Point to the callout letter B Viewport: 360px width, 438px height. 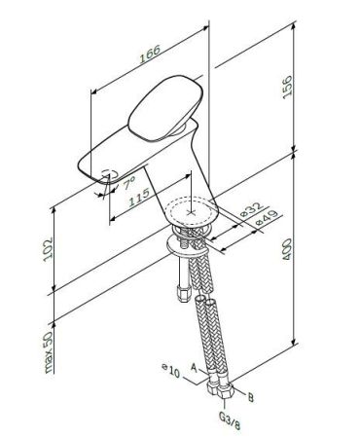(x=251, y=396)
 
